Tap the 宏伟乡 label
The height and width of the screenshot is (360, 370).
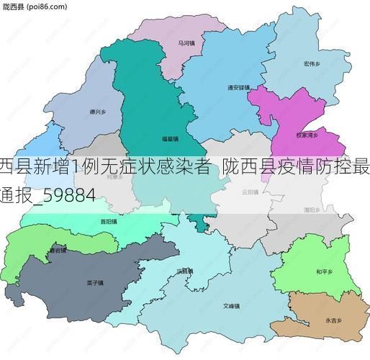pos(312,63)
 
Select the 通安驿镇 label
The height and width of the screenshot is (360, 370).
pos(238,88)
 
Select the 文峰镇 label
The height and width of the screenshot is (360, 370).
pos(230,305)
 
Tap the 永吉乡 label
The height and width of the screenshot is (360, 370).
pos(333,319)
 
